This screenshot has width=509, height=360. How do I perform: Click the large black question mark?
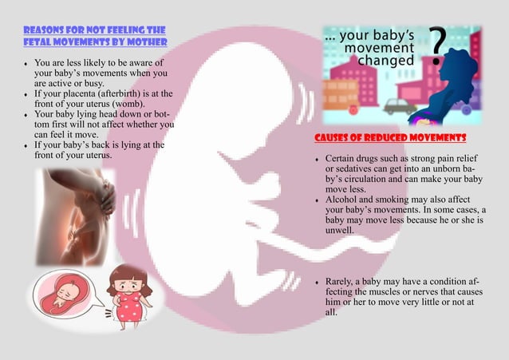coord(438,46)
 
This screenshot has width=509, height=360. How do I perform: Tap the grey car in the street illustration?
coord(399,105)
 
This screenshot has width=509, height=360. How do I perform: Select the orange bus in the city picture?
coord(341,95)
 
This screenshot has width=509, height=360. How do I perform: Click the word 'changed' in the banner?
coord(386,61)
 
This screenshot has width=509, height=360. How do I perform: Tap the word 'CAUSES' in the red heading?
coord(334,138)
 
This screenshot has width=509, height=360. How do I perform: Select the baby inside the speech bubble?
coord(61,295)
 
